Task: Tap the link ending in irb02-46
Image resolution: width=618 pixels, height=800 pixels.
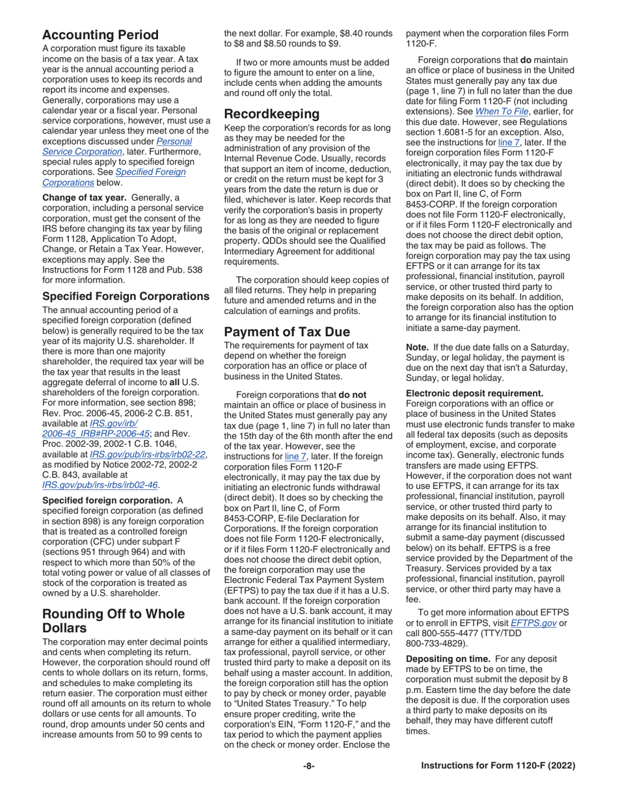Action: point(100,484)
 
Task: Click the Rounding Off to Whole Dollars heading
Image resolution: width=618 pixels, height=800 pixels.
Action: point(113,621)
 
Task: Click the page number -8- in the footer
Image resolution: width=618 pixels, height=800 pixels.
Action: point(309,766)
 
